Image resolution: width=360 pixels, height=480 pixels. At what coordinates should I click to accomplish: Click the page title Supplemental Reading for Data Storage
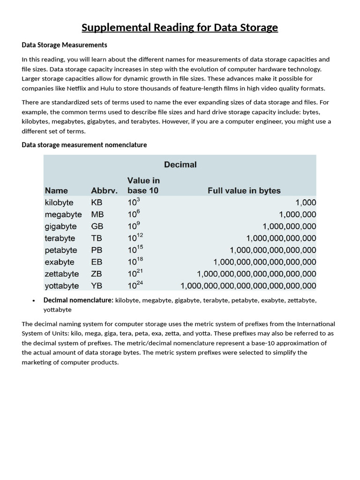180,28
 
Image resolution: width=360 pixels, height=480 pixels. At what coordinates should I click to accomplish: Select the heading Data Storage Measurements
65,45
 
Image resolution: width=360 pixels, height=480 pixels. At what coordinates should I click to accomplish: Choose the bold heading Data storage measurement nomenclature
84,145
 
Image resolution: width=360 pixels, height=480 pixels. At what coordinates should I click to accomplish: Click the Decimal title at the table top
180,165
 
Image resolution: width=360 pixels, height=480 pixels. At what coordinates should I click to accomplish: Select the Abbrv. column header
104,191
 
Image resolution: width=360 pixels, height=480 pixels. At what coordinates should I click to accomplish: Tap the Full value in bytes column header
244,191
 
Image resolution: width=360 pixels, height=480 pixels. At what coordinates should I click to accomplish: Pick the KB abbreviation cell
97,202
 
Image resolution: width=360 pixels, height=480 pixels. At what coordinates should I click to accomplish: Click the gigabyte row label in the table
61,226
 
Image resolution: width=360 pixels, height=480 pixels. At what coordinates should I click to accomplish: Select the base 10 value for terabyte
136,238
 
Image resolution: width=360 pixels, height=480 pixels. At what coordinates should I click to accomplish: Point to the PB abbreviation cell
97,250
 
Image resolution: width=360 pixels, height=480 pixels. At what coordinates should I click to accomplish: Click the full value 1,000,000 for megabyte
297,215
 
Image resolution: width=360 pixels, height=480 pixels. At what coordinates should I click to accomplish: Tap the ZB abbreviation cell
97,274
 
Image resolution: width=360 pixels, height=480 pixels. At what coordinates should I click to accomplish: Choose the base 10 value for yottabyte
136,285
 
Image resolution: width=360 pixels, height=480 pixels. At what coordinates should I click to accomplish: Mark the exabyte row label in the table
60,262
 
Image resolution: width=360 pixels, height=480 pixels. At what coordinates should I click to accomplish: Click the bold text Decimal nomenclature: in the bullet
78,300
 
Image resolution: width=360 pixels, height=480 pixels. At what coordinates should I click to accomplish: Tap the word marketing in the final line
37,362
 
